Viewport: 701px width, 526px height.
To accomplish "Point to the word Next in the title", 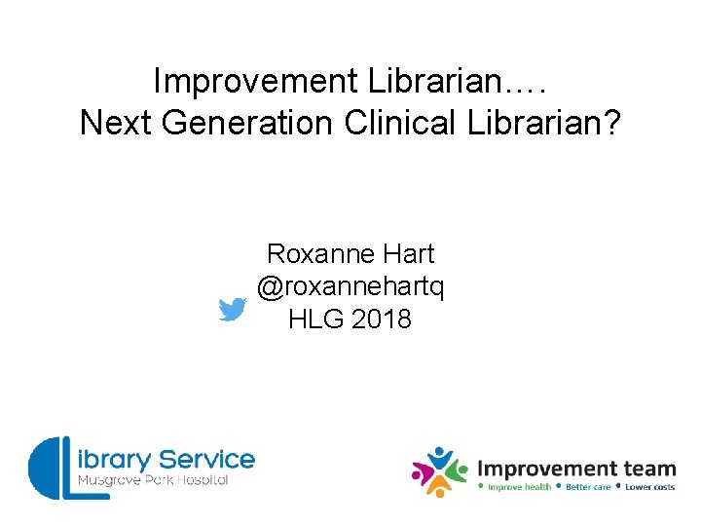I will tap(112, 123).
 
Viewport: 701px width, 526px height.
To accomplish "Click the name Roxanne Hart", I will tap(350, 254).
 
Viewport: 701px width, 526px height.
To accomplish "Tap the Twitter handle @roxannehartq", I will tap(350, 286).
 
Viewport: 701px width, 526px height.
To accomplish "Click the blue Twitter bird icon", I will tap(232, 310).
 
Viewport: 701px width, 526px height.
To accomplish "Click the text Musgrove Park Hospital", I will tap(153, 481).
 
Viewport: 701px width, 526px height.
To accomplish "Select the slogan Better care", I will tap(587, 487).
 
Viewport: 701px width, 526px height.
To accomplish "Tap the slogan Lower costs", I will tap(649, 487).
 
